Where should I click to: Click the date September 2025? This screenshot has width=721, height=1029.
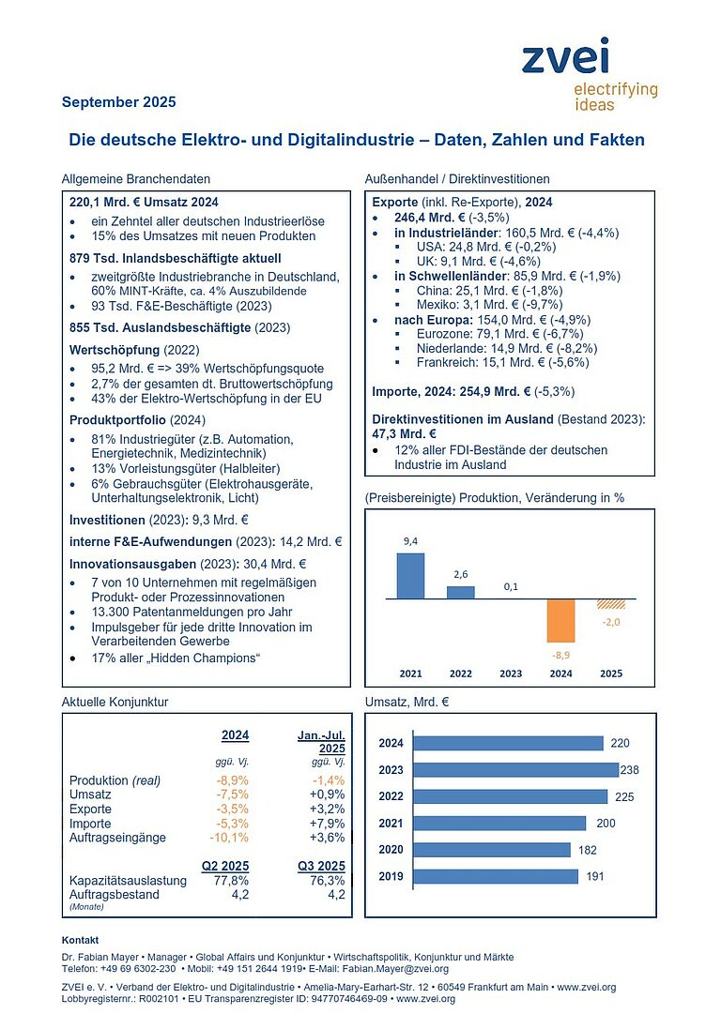click(x=118, y=101)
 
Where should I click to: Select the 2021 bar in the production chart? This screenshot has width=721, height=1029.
click(x=410, y=575)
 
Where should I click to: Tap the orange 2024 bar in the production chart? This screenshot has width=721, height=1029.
click(x=561, y=619)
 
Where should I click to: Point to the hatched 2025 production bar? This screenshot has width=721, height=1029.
click(x=612, y=603)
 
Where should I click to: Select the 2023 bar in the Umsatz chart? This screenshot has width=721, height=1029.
click(x=515, y=770)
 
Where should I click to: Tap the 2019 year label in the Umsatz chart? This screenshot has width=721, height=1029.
click(x=391, y=876)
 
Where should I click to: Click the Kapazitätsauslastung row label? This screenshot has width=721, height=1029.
click(x=128, y=881)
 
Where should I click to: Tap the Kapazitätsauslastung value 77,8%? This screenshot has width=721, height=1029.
click(x=230, y=881)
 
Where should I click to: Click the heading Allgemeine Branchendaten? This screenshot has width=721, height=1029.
click(x=135, y=178)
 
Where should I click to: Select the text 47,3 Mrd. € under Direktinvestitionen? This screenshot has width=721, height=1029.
click(x=404, y=433)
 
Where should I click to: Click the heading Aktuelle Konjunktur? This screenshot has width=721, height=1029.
click(x=115, y=701)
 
